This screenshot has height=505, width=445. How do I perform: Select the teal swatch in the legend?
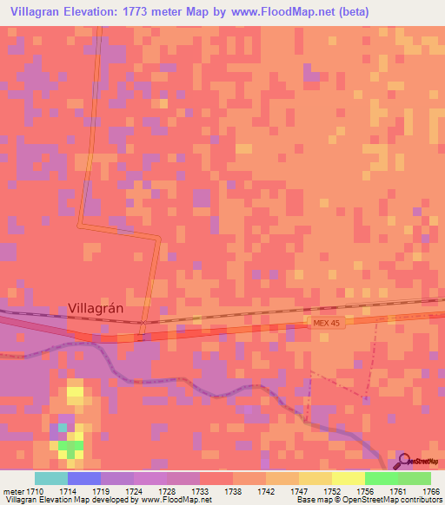pos(50,478)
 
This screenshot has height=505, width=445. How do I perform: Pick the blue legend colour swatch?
pos(83,478)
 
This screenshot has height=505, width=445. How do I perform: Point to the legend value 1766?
pos(431,490)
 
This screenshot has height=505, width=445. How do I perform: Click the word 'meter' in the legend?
pos(12,490)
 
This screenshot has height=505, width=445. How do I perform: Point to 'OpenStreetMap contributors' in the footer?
pos(397,500)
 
